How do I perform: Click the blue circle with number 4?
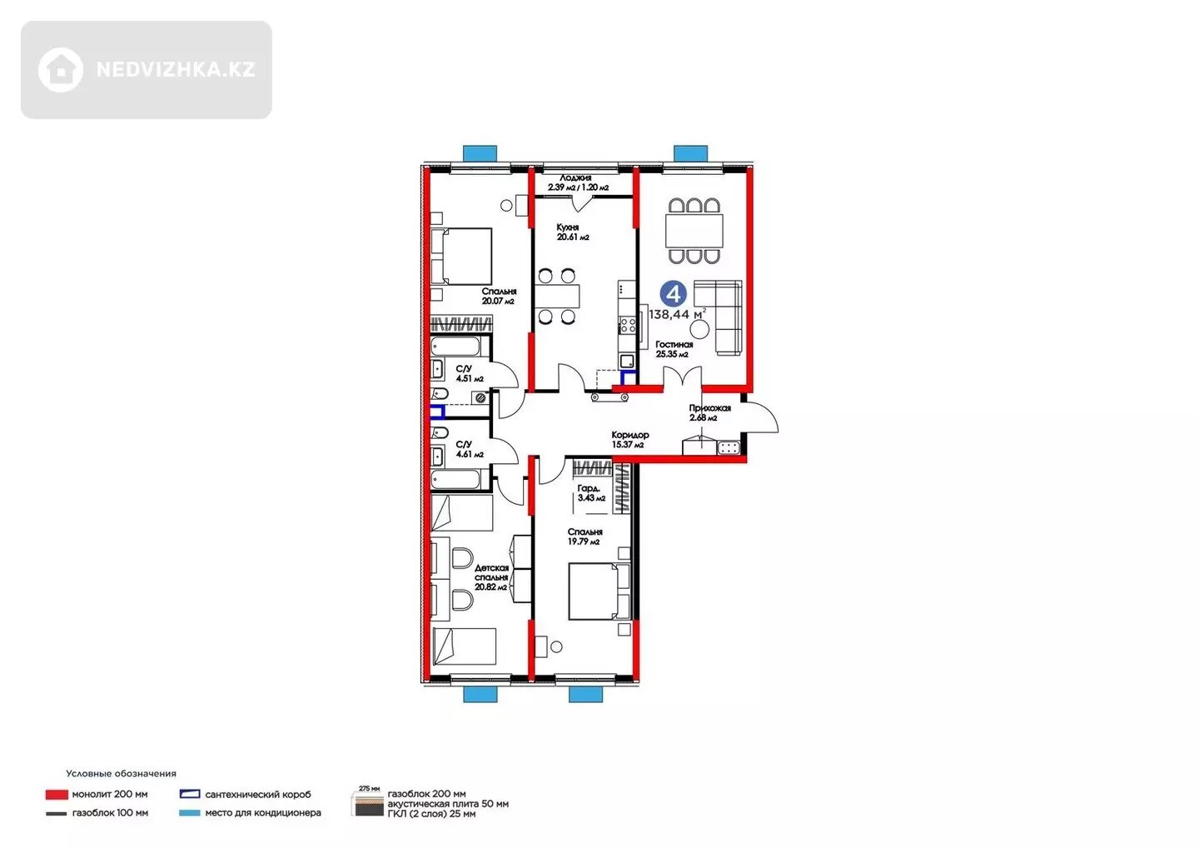(673, 294)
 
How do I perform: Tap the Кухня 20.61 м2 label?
(572, 232)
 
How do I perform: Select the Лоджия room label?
(575, 177)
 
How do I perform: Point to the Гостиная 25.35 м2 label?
(674, 349)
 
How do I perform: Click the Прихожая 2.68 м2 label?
(709, 413)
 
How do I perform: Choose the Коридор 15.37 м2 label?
(630, 440)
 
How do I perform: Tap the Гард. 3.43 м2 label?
(591, 493)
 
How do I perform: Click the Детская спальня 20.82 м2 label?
(491, 577)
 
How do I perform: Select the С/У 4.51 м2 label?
(470, 374)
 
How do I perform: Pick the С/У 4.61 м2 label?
(470, 449)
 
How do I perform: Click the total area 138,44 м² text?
(677, 314)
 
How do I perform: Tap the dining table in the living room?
(694, 231)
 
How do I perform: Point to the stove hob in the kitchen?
(628, 325)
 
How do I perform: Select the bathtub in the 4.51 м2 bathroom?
(455, 347)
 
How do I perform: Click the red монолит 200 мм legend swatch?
(57, 795)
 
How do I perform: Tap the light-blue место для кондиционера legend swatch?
(190, 813)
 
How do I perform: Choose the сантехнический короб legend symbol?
(190, 794)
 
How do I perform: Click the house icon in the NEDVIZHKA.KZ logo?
(61, 70)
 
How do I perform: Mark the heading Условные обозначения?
(121, 774)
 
